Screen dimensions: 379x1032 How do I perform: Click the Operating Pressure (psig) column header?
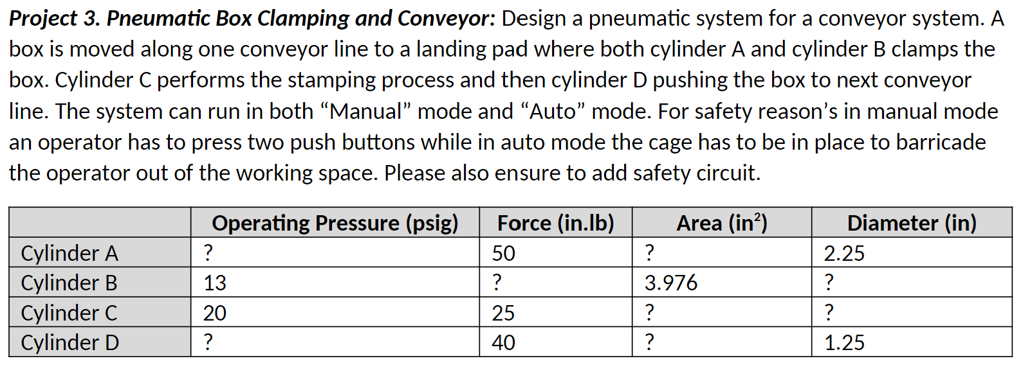click(x=335, y=223)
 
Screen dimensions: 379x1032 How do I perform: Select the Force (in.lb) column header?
click(x=555, y=223)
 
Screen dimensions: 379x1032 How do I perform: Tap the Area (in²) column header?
click(x=721, y=223)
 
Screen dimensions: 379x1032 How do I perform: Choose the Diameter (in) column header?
click(x=911, y=223)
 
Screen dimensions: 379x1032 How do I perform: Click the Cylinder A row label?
click(x=69, y=253)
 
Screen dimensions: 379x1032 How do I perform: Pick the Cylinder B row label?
click(x=69, y=283)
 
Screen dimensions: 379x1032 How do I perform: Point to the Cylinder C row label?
click(x=69, y=313)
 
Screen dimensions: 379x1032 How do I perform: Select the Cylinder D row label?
click(x=69, y=342)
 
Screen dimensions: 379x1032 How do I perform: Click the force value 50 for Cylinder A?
click(x=503, y=253)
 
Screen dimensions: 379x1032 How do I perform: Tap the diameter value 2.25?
click(x=843, y=253)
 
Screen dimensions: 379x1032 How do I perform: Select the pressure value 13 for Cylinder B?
click(x=215, y=283)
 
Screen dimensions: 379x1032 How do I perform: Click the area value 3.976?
click(x=670, y=283)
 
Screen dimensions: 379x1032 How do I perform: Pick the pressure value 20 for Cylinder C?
click(x=215, y=313)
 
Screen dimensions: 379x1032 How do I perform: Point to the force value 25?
click(x=503, y=313)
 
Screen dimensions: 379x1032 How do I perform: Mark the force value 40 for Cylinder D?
click(x=503, y=342)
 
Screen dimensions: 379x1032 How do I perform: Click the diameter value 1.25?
click(x=843, y=342)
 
